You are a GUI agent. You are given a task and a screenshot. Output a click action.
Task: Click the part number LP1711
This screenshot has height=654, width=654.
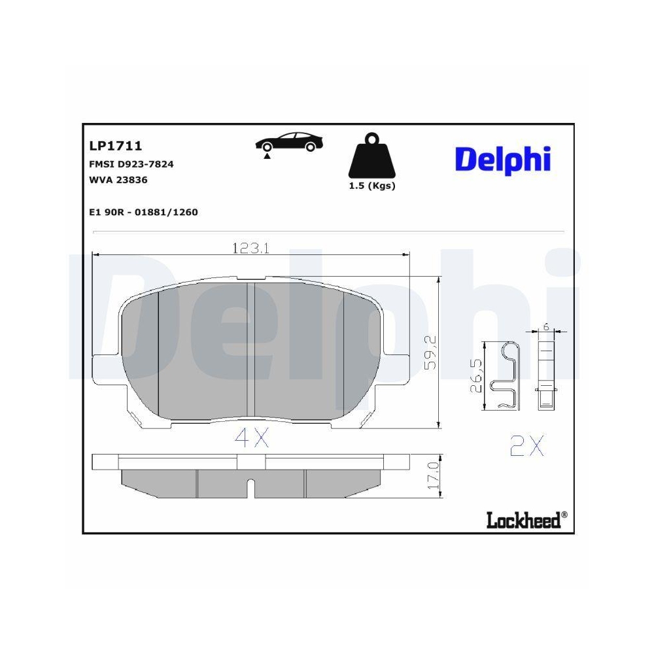coord(114,146)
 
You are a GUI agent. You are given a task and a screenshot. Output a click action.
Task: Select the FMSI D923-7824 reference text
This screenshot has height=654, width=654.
coord(131,164)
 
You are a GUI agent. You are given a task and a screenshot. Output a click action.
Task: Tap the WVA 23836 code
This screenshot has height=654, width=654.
coord(118,180)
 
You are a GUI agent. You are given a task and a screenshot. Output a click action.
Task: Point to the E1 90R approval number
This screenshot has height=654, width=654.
coord(143,212)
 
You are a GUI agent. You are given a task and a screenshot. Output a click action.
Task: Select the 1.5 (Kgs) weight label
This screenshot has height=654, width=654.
coord(371,186)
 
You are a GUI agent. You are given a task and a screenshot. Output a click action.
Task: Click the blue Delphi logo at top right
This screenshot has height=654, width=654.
coord(502,160)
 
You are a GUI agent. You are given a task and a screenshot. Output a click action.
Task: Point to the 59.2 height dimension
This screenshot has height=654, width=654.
coord(430,353)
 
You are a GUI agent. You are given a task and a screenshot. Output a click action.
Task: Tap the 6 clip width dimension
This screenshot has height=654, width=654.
coord(545,327)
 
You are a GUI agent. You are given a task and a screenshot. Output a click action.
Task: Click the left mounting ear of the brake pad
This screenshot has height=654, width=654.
coord(105,370)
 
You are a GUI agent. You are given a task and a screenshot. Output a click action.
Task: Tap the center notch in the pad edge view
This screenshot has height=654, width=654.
coord(251,487)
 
